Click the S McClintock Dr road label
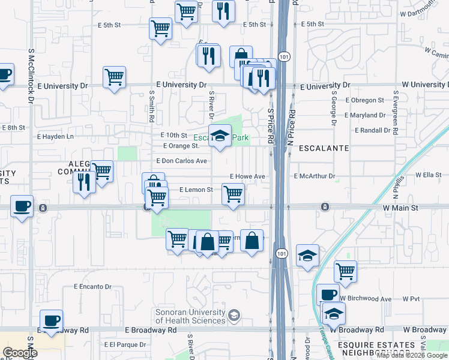29,76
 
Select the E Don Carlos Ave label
181,161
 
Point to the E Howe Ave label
247,176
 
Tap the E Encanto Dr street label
93,287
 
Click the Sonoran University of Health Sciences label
190,316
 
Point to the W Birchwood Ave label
365,298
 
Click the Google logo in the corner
20,353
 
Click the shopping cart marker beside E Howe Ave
233,194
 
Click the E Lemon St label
196,190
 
